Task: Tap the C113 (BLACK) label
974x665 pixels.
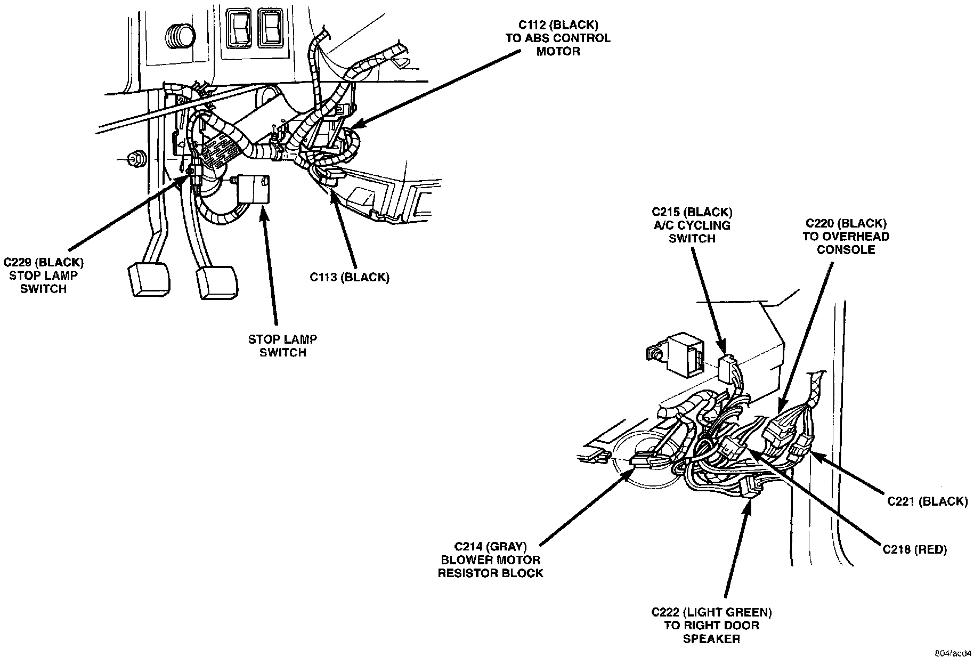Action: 350,277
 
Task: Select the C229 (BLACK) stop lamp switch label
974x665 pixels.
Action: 44,275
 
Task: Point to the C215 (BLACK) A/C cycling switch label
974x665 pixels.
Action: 692,225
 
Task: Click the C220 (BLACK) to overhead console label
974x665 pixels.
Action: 846,236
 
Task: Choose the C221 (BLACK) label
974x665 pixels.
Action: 927,501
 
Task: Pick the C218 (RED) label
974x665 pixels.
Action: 914,550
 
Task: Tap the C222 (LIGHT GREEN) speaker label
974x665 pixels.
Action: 711,625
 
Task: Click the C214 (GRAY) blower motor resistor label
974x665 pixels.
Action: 490,559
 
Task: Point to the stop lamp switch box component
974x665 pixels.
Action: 254,189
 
